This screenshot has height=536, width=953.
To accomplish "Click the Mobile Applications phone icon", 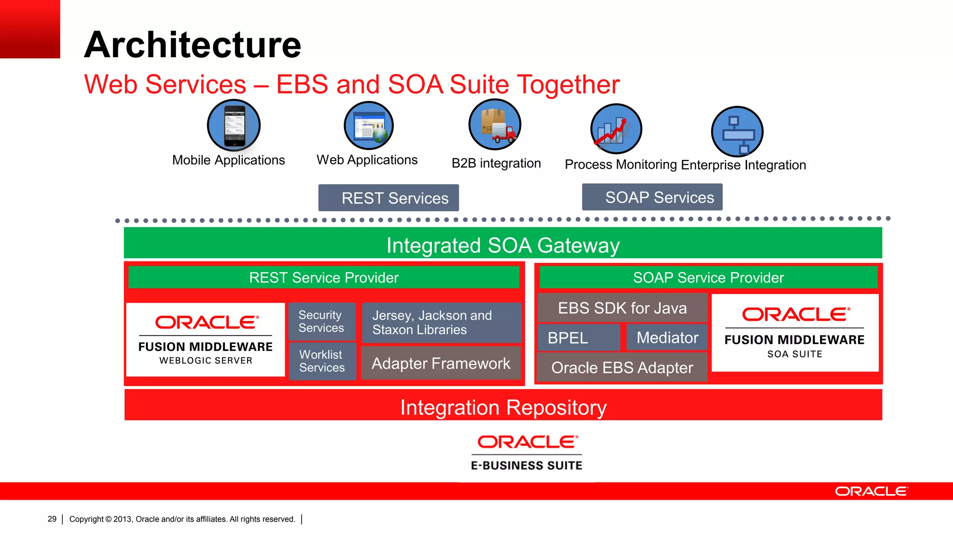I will coord(234,126).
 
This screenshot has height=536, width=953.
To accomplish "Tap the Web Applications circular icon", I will coord(369,126).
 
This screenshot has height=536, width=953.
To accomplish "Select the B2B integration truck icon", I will coord(495,125).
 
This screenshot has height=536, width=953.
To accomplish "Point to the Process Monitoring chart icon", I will coord(616,129).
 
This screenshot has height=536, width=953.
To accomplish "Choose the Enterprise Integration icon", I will coord(737,132).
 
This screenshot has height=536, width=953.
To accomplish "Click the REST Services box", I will coord(389,198).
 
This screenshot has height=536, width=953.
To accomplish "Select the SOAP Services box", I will coord(652,197).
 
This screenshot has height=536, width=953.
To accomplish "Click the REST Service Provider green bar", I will coord(324,277).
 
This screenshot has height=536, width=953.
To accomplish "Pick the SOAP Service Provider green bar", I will coord(708,277).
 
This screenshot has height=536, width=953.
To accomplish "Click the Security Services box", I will coord(322,322).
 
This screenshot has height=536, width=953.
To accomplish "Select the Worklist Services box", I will coord(322,361).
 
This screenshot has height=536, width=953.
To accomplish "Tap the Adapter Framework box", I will coord(441,363).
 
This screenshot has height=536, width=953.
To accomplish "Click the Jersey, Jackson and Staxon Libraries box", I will coord(441,322).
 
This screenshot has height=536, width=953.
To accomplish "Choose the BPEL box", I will coord(578,337).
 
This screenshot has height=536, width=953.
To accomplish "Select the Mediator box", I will coord(667,337).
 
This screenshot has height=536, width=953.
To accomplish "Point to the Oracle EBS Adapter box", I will coord(622,368).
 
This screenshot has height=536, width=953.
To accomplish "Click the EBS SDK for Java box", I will coord(622,308).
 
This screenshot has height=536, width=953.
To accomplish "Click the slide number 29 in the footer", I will coord(52,519).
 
